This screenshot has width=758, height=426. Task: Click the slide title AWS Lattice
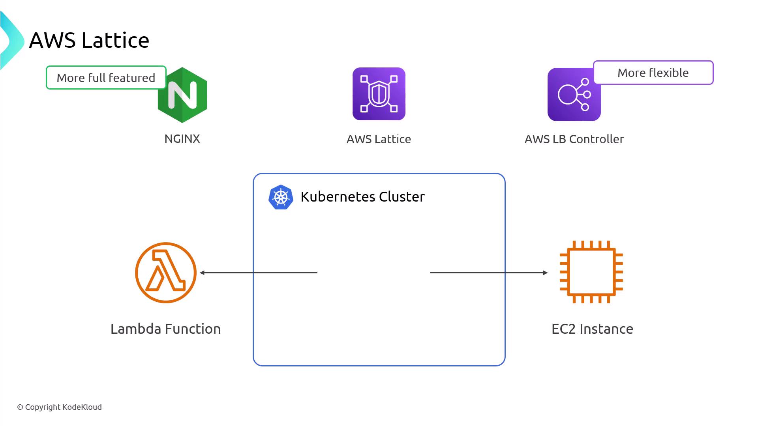89,40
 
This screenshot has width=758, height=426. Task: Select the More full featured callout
106,78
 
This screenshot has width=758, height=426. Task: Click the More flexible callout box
653,73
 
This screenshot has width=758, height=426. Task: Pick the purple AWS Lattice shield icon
379,94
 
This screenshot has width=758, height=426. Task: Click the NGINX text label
182,139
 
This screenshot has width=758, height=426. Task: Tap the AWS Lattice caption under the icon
379,139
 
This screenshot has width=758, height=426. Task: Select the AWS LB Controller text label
574,139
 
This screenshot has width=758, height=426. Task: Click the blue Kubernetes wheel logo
281,197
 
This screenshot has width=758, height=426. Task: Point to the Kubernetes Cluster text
362,197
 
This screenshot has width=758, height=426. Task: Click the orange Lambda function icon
166,273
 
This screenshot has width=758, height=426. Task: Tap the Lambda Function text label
165,329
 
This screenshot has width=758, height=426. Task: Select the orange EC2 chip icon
591,272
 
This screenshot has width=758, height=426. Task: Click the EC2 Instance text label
592,329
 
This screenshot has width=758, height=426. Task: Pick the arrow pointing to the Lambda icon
259,273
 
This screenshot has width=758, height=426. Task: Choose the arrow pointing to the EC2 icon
489,273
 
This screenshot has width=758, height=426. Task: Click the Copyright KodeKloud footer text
59,407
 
